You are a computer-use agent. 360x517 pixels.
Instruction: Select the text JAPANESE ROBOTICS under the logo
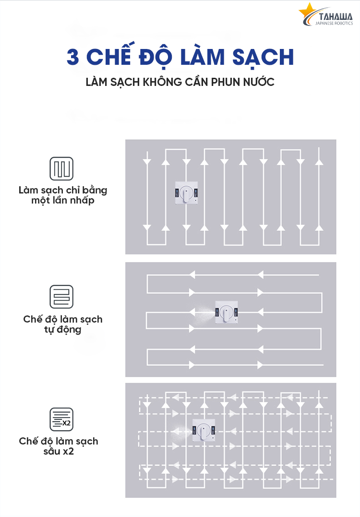point(336,23)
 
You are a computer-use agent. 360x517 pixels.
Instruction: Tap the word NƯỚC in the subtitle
point(259,82)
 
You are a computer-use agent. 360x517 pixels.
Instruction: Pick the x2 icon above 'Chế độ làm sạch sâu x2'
point(62,420)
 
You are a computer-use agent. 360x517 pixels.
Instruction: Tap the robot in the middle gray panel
point(227,312)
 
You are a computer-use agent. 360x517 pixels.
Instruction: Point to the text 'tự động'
point(62,330)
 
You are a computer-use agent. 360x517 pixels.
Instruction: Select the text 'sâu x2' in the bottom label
point(59,452)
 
